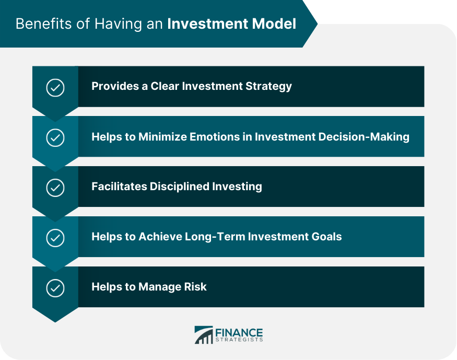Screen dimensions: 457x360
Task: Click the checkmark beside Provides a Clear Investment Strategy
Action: pos(55,87)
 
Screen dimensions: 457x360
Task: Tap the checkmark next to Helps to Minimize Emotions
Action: pos(55,137)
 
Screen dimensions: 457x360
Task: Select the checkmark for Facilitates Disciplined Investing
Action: pos(55,188)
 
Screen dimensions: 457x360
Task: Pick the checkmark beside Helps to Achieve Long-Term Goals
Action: pos(55,238)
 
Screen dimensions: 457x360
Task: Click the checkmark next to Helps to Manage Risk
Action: pos(55,288)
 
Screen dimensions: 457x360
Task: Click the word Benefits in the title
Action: pos(44,24)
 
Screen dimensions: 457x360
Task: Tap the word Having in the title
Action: pos(119,24)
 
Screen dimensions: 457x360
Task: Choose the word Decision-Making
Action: pos(364,137)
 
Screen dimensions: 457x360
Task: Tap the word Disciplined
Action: pos(179,187)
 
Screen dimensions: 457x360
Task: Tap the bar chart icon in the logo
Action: pos(204,334)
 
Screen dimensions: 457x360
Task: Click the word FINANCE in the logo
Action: pos(239,333)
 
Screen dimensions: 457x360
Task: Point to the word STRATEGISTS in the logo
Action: pos(239,340)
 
